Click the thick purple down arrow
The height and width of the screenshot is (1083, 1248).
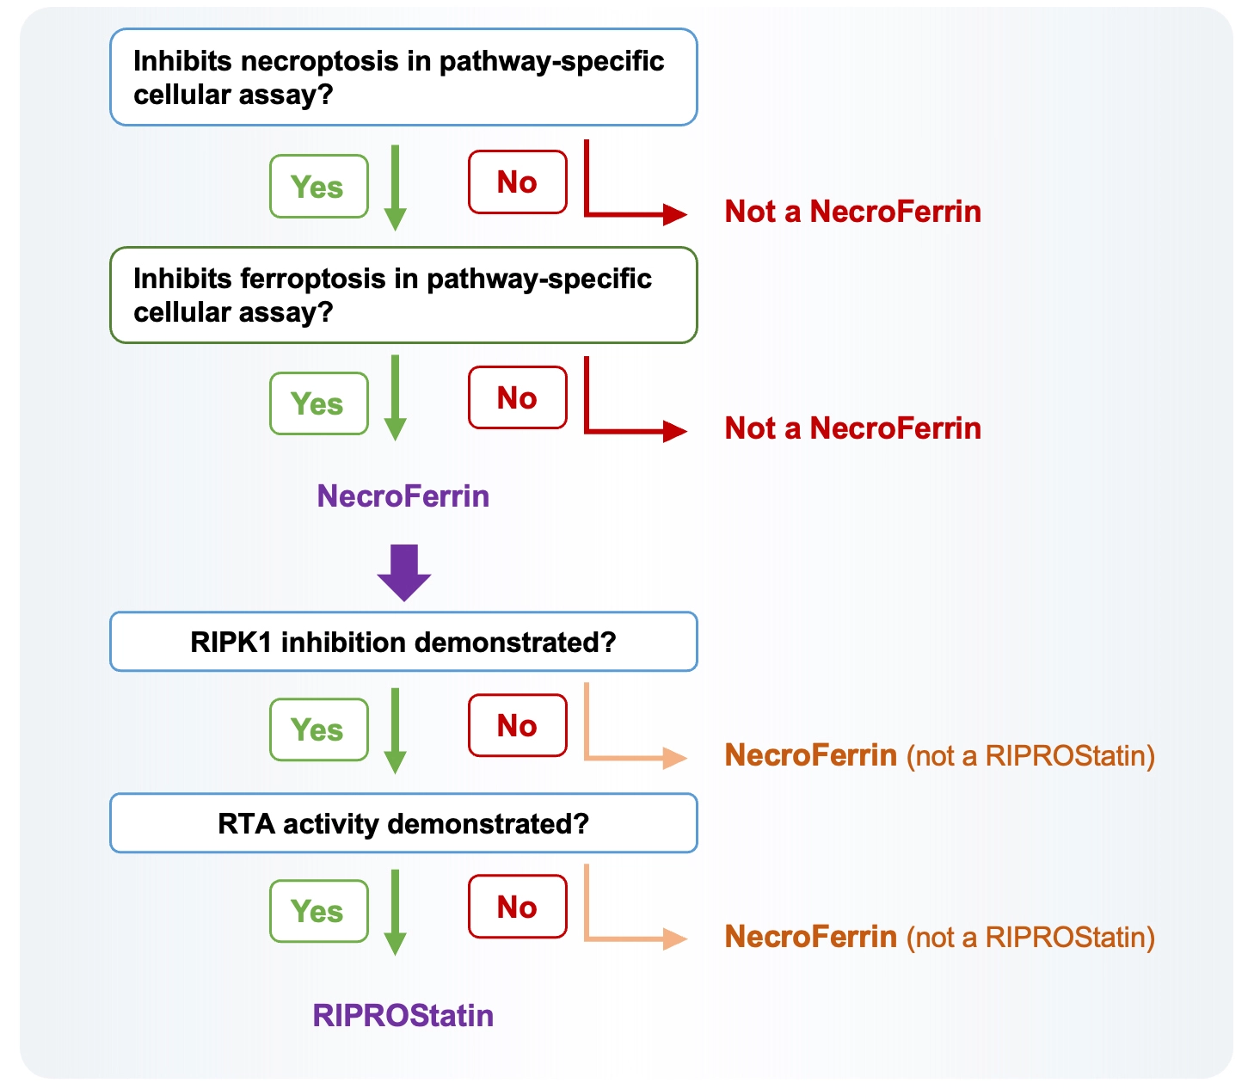click(403, 573)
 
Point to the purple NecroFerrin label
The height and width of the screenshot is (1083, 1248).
click(403, 495)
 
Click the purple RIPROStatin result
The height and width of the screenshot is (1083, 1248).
click(403, 1015)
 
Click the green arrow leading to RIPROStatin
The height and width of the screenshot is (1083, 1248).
click(396, 913)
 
